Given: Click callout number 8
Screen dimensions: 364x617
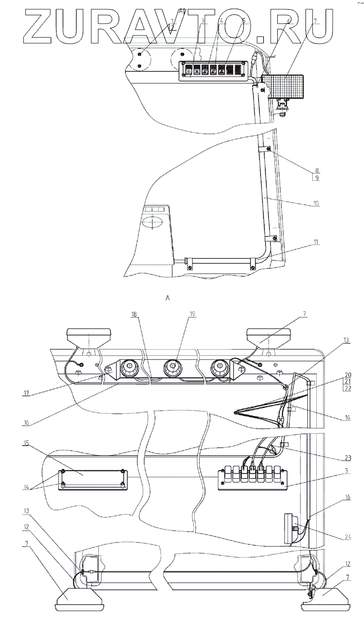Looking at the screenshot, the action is (x=317, y=170).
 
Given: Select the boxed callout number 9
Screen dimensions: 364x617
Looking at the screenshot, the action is (x=317, y=178).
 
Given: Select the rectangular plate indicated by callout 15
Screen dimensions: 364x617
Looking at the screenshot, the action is (x=92, y=479).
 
